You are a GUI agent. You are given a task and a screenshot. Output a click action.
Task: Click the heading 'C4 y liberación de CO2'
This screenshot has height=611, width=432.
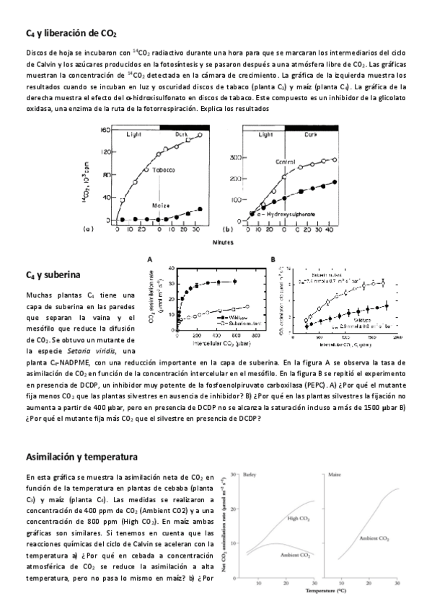coord(71,34)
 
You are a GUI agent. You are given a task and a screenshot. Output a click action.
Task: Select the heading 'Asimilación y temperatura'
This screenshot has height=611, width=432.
coord(81,457)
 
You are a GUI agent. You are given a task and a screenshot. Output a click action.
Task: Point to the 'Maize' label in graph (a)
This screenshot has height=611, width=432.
coord(161,205)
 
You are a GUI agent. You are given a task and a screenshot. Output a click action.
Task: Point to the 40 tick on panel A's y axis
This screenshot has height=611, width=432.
coord(171,268)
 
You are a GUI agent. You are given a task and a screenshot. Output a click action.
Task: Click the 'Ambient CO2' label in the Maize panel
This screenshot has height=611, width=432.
coord(374,538)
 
